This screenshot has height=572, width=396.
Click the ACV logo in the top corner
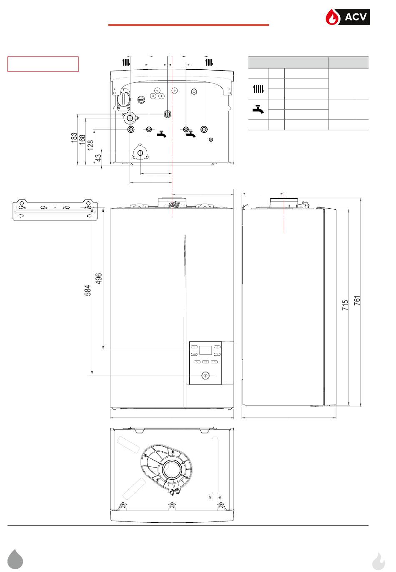pos(347,17)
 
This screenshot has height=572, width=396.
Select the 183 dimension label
pos(74,138)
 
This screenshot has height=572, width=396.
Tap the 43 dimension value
pos(98,157)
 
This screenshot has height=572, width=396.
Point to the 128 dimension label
pos(90,146)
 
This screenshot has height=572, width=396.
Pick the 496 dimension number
pos(99,278)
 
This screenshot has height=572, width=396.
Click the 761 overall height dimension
pos(357,301)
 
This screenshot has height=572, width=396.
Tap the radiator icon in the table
pos(258,89)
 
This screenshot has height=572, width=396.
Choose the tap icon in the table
pos(258,109)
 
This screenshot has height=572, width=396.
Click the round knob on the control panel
pos(205,375)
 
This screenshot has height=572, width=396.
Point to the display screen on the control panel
pos(205,350)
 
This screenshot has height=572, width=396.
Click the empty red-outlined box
pos(43,64)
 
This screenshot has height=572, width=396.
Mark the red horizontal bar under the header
pos(188,25)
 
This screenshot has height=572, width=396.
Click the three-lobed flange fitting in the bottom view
pos(140,153)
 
